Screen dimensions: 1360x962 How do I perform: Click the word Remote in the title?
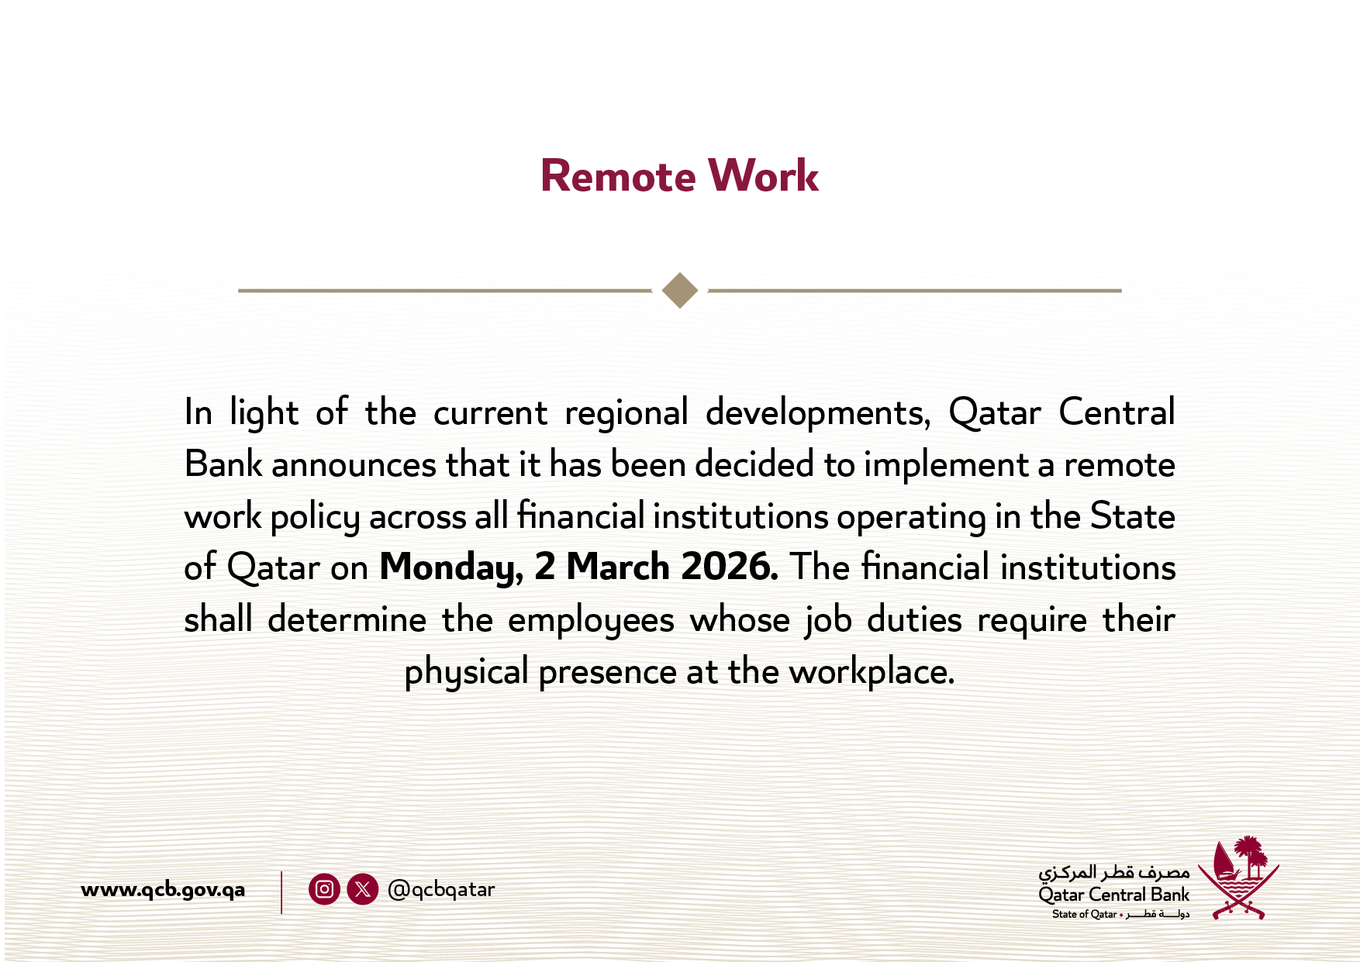point(618,176)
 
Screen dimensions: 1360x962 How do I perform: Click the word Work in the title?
point(764,176)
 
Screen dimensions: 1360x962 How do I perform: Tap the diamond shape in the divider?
point(680,291)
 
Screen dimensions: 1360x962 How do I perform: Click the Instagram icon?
point(324,889)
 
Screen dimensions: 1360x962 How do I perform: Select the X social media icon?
point(362,889)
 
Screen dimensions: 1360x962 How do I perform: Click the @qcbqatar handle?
point(440,890)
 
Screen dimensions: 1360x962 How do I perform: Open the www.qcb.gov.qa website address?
point(163,890)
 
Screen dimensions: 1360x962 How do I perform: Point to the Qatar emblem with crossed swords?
point(1239,877)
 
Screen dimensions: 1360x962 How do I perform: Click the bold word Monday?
point(451,568)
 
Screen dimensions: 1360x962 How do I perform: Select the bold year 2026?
point(730,567)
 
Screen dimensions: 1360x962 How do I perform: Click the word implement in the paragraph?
point(946,465)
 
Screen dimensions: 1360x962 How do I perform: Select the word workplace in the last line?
point(872,672)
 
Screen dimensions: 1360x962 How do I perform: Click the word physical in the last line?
point(466,672)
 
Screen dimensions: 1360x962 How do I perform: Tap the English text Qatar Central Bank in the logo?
point(1113,895)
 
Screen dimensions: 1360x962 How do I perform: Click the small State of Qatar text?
point(1084,914)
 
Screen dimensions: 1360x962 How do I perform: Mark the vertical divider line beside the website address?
point(281,892)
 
